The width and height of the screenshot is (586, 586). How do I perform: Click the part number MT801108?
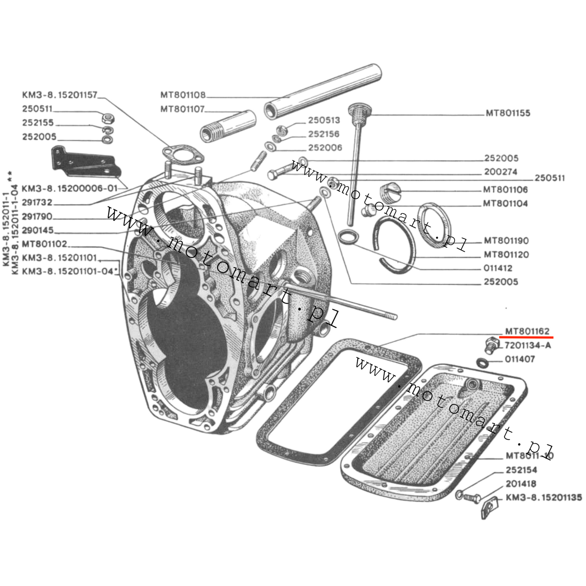coord(183,95)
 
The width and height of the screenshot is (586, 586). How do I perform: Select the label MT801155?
coord(508,113)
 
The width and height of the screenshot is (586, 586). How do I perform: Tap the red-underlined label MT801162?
coord(527,331)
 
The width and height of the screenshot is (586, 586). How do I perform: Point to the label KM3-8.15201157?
coord(60,95)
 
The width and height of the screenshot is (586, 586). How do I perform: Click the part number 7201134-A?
coord(528,346)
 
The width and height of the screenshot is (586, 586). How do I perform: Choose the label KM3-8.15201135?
coord(543,498)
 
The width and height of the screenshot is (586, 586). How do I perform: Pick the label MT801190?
coord(506,241)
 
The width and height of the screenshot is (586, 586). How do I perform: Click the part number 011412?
coord(498,268)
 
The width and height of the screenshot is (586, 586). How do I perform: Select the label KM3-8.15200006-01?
coord(69,189)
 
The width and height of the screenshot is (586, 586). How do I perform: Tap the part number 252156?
coord(324,134)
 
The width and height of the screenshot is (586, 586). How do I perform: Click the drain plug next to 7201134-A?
coord(491,345)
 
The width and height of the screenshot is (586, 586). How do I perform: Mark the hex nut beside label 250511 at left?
coord(108,118)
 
